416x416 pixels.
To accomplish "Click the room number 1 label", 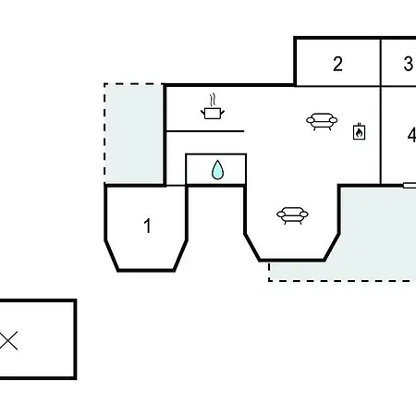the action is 148,226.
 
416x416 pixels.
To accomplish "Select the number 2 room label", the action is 337,64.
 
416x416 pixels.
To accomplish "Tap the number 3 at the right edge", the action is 409,64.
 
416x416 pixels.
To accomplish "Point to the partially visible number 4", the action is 411,135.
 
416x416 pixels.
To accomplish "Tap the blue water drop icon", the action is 217,170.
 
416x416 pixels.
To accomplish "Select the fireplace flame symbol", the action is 359,132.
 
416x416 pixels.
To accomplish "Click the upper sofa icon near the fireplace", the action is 322,121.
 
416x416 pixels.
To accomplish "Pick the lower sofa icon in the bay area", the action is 292,215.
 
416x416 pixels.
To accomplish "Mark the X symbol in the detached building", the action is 8,340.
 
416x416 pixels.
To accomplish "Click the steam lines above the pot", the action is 212,100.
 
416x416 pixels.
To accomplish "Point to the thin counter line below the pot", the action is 205,131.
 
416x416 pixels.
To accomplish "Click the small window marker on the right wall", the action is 410,185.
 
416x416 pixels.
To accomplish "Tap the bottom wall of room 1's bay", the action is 146,270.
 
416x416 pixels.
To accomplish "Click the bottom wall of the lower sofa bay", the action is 292,261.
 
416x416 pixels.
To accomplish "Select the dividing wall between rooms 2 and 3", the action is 381,62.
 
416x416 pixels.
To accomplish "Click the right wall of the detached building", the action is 75,339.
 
